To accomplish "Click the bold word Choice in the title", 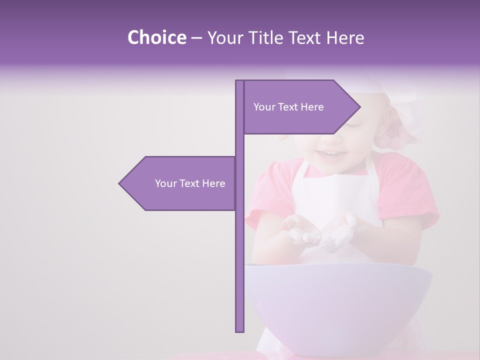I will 156,37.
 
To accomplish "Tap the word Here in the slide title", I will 345,37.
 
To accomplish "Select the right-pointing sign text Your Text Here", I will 288,107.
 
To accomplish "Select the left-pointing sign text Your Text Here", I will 190,183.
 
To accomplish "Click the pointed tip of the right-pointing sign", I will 358,106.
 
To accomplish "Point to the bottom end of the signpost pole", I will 240,330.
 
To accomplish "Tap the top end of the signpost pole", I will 240,82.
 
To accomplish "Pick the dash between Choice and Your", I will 196,38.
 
